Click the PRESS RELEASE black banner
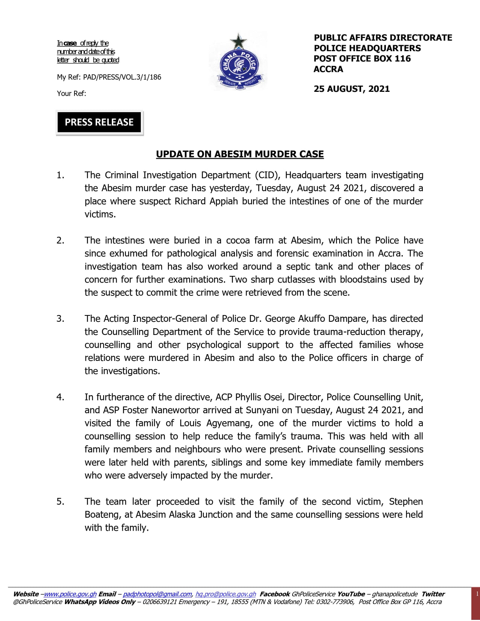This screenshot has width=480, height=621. click(99, 122)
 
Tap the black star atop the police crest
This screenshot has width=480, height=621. click(238, 41)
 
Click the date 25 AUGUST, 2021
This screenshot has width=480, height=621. click(352, 89)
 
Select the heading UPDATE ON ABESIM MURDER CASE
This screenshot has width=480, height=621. click(240, 154)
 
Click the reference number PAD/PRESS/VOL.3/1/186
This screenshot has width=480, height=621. click(122, 77)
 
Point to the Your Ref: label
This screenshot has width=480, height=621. click(72, 93)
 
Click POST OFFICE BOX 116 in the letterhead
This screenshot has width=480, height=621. click(362, 59)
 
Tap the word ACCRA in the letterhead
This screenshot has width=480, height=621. click(328, 69)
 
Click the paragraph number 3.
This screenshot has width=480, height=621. click(60, 319)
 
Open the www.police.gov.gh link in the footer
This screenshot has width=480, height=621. click(70, 594)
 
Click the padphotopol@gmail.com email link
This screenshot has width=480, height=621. click(157, 594)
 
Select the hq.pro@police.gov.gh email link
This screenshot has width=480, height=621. click(226, 594)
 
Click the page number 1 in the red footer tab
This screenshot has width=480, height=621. click(477, 594)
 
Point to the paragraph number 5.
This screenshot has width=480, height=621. click(60, 502)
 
